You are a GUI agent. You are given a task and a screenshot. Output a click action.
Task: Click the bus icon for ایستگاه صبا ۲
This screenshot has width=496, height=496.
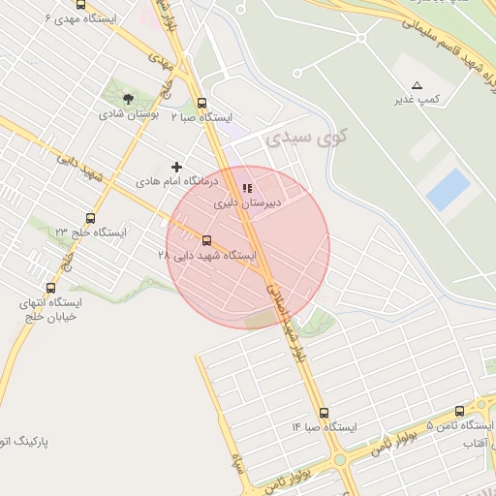[x=201, y=103]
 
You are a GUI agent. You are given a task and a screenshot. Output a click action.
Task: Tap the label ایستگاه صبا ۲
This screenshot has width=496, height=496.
[x=201, y=117]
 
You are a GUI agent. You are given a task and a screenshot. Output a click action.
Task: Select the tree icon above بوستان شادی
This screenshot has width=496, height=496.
[x=129, y=98]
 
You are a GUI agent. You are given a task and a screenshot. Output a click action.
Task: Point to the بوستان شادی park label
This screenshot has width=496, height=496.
[x=129, y=113]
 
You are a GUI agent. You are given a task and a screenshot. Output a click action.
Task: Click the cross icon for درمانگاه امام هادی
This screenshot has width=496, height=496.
[x=176, y=167]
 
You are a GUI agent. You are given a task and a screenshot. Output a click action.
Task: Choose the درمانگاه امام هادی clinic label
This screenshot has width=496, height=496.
[x=177, y=181]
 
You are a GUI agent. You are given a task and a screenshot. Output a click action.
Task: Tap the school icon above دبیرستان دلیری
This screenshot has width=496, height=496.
[x=247, y=188]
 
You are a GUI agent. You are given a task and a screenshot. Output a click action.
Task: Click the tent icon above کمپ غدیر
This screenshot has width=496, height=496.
[x=418, y=85]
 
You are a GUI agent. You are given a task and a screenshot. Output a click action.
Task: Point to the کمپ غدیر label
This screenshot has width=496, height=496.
[x=418, y=100]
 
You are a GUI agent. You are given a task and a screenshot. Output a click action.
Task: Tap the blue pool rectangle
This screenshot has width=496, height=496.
[x=449, y=190]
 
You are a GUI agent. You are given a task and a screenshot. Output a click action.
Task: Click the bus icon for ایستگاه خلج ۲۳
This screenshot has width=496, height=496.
[x=90, y=218]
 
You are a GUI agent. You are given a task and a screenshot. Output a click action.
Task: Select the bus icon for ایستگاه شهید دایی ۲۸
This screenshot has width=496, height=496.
[x=206, y=240]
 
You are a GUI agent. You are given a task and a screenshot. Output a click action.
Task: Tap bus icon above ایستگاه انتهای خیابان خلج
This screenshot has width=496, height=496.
[x=50, y=288]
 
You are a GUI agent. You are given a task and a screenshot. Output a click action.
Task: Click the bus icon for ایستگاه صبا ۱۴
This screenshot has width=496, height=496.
[x=324, y=412]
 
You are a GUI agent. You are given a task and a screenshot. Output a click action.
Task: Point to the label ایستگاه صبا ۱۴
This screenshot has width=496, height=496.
[x=324, y=427]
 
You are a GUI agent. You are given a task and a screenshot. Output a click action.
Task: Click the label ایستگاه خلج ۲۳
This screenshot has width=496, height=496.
[x=90, y=232]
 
